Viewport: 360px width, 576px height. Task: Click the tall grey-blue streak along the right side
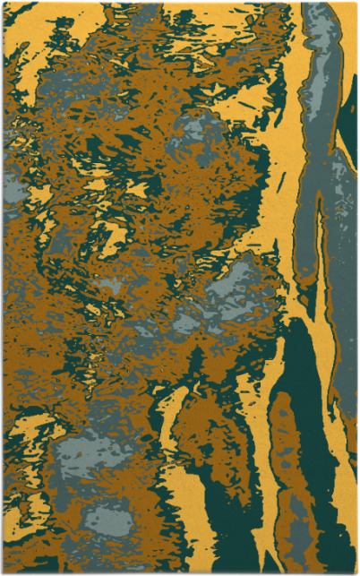pos(313,179)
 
